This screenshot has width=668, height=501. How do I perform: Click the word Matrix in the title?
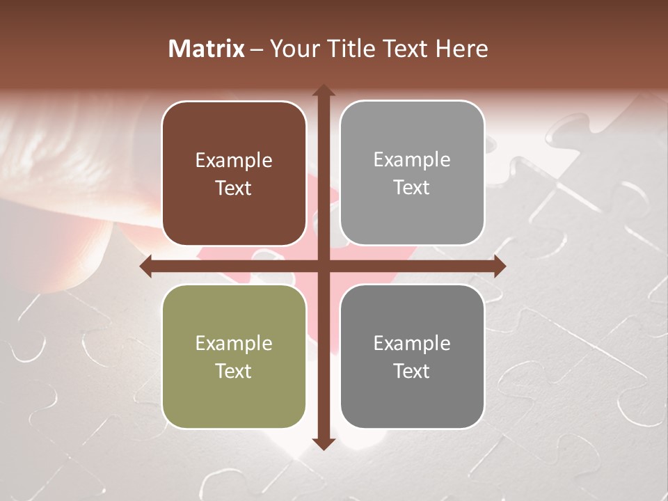click(x=207, y=49)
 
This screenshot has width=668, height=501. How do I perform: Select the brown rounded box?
click(x=234, y=173)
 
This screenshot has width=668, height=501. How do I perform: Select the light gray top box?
click(x=412, y=173)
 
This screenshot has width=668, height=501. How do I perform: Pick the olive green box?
click(x=234, y=356)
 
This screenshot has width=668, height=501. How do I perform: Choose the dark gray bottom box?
click(x=412, y=356)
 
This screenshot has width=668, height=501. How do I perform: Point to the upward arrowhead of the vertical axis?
click(x=323, y=91)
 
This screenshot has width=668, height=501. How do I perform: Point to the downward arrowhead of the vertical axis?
click(x=323, y=444)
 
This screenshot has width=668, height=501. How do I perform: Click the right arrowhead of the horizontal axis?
click(x=499, y=266)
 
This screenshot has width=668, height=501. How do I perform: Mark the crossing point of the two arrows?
click(x=323, y=266)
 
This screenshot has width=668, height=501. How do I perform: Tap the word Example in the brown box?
click(x=234, y=161)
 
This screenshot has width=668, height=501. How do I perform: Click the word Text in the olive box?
click(x=234, y=371)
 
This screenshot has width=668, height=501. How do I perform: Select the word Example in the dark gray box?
click(x=412, y=343)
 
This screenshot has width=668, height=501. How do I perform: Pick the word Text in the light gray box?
click(x=412, y=188)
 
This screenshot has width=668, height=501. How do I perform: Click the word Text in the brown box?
click(x=234, y=189)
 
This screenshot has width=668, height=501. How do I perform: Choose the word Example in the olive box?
click(x=234, y=343)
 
